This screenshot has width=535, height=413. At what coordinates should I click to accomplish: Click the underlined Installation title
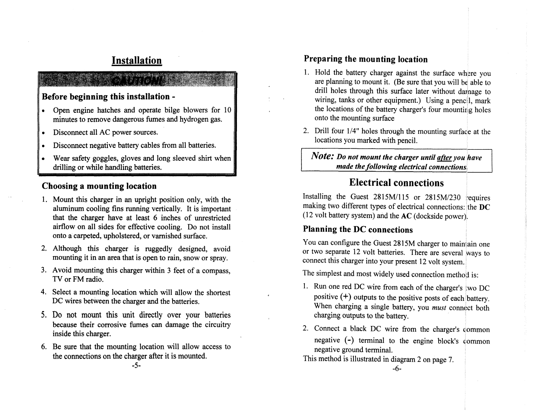coord(137,61)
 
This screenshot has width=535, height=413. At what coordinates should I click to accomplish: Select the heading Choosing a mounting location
coord(99,186)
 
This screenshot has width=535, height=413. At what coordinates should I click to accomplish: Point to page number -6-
coord(397,369)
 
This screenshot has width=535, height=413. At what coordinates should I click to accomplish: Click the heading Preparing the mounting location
coord(366,59)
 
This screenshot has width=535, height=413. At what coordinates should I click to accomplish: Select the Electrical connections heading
coord(397,183)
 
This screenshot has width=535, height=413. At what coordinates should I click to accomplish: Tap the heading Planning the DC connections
coord(358,229)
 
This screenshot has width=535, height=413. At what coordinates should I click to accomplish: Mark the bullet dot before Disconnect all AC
coord(43,133)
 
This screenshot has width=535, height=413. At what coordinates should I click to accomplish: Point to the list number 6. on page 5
coord(44,347)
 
